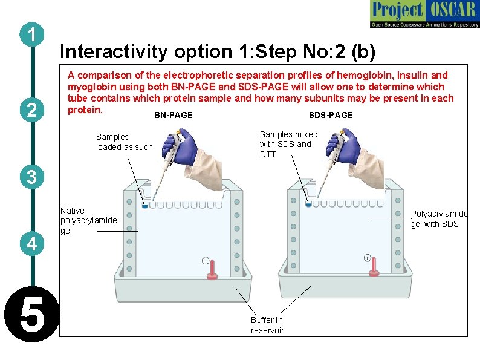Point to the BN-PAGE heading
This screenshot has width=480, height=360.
point(174,115)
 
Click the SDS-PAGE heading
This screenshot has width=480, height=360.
point(331,115)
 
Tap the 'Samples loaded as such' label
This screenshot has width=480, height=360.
point(124,142)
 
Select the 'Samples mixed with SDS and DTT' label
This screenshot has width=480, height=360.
point(288,144)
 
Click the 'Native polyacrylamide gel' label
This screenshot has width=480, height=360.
point(88,221)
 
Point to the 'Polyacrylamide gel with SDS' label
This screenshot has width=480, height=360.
point(439,219)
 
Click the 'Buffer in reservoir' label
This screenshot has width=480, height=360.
point(267,325)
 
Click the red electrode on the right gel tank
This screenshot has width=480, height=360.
point(375,267)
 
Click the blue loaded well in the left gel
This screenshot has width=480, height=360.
point(144,206)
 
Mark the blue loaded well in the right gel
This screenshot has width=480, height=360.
point(308,205)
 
